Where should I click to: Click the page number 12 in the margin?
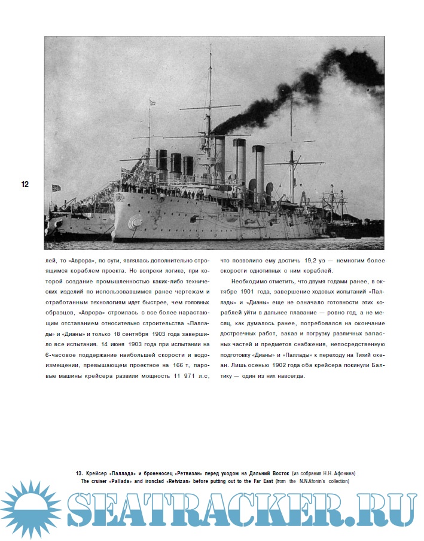[25, 185]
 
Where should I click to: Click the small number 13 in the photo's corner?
[48, 245]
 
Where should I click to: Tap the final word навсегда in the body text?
[289, 377]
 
